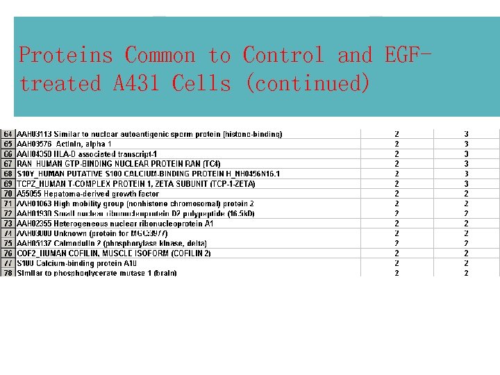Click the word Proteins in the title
(67, 55)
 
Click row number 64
(8, 133)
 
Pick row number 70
(8, 194)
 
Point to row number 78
(8, 273)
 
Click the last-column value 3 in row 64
(467, 133)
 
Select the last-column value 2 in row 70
(467, 194)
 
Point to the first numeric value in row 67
(397, 164)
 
